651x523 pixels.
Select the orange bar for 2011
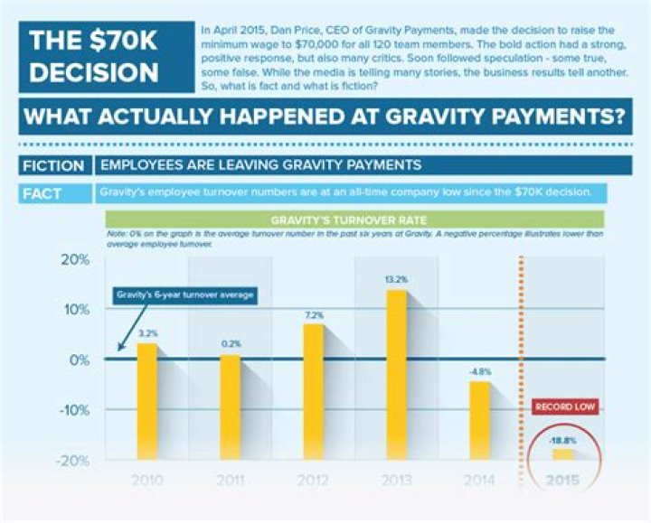tap(231, 406)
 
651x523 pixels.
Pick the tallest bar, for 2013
tap(396, 375)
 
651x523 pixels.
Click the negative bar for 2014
tap(480, 420)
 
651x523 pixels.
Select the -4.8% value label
tap(479, 371)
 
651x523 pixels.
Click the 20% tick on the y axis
tap(75, 260)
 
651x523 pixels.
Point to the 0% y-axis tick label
tap(79, 360)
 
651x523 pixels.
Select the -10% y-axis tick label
tap(73, 410)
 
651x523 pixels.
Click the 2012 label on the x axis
tap(313, 479)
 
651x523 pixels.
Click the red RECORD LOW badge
tap(564, 408)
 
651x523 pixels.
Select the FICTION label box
tap(54, 165)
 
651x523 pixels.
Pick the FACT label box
tap(54, 192)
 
